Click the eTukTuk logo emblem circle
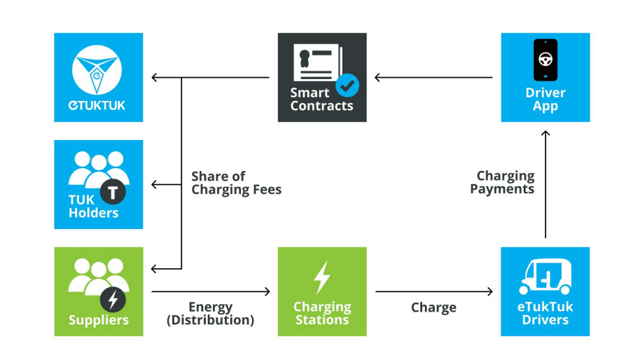coord(97,70)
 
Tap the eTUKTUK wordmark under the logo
coord(97,105)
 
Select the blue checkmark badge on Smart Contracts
coord(347,85)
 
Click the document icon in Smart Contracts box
coord(319,62)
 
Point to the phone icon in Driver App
coord(545,60)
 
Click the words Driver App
coord(545,99)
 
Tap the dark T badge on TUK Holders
coord(113,192)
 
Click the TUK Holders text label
coord(93,206)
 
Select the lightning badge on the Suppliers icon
coord(113,300)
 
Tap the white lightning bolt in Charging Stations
coord(322,277)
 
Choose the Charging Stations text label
coord(322,313)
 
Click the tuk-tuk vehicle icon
coord(545,277)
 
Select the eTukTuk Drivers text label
coord(545,313)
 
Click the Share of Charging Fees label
coord(236,183)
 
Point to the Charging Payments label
coord(502,182)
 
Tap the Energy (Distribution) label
coord(210,313)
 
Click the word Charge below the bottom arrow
coord(433,307)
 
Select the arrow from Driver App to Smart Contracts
coord(433,77)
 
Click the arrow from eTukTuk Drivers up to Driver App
coord(545,184)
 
